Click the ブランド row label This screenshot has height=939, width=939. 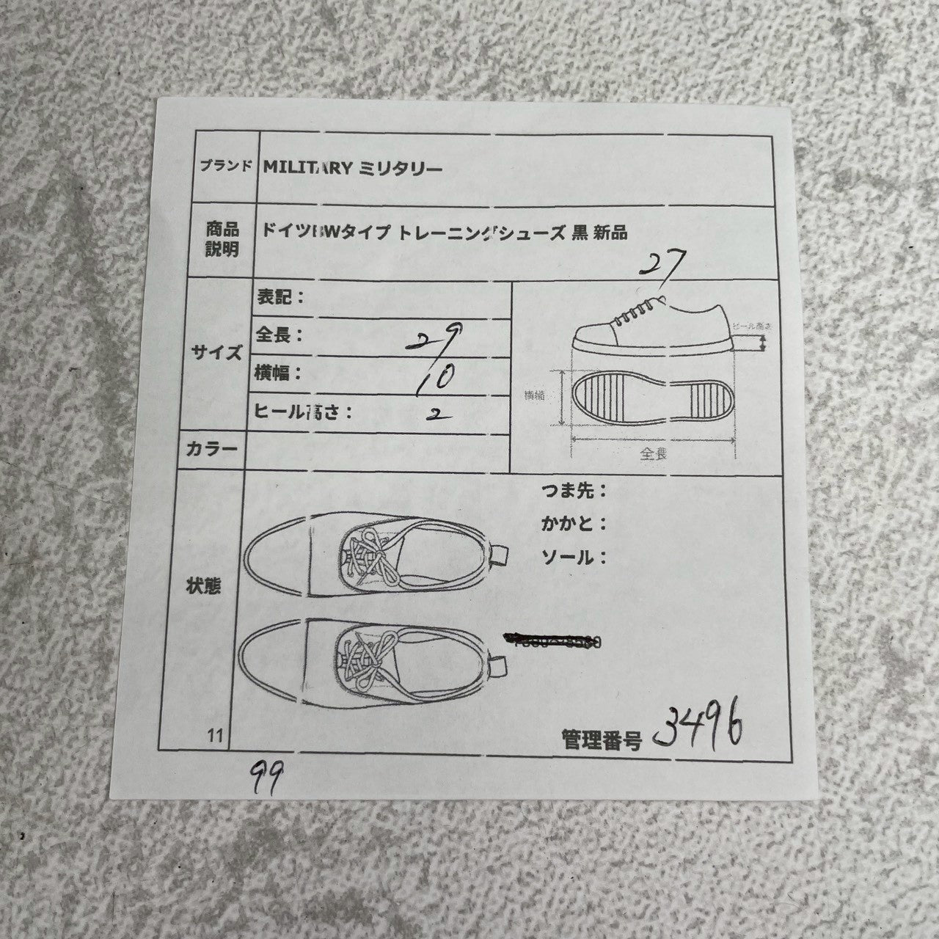pyautogui.click(x=226, y=166)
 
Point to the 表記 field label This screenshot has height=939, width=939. pyautogui.click(x=279, y=297)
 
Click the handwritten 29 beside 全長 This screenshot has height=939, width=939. pyautogui.click(x=437, y=338)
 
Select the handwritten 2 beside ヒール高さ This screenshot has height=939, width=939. pyautogui.click(x=438, y=414)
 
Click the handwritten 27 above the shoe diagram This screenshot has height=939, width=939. pyautogui.click(x=662, y=263)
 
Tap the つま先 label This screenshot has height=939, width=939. pyautogui.click(x=573, y=491)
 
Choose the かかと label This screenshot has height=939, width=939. pyautogui.click(x=573, y=525)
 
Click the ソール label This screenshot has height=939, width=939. pyautogui.click(x=573, y=558)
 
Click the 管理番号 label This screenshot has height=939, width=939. pyautogui.click(x=601, y=739)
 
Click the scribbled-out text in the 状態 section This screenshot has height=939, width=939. pyautogui.click(x=555, y=642)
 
